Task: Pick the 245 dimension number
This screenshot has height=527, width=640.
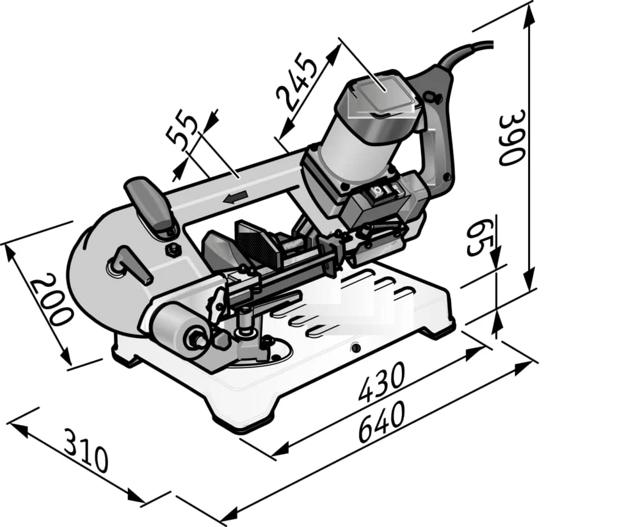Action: pyautogui.click(x=298, y=79)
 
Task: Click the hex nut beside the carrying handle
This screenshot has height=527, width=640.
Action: pyautogui.click(x=171, y=249)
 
